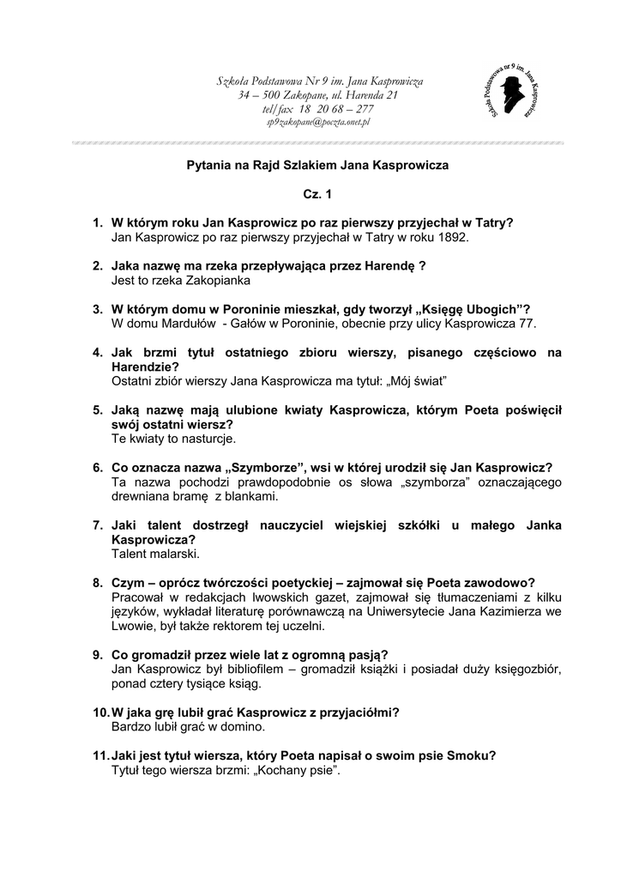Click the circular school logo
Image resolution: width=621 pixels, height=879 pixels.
[x=511, y=92]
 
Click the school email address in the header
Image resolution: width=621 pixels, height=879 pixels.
[x=317, y=123]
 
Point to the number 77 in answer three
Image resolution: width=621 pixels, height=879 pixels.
[x=527, y=324]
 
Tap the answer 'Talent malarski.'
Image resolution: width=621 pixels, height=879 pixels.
[x=155, y=554]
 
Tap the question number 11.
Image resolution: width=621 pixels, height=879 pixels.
[x=100, y=755]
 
